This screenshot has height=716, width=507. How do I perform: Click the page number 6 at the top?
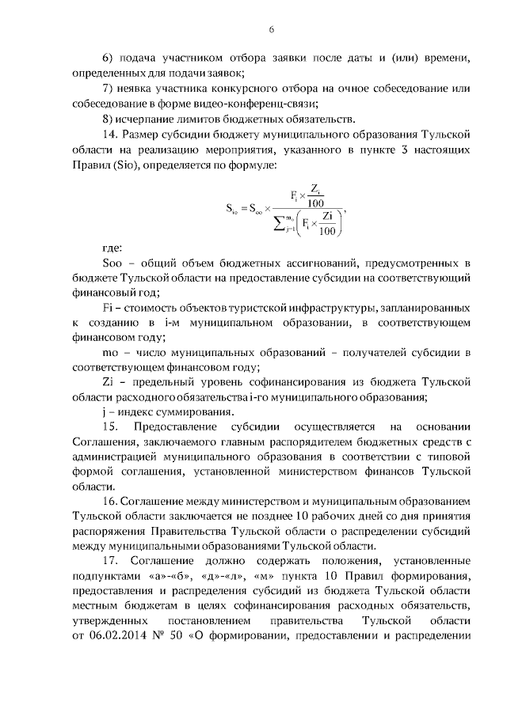click(x=271, y=28)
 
